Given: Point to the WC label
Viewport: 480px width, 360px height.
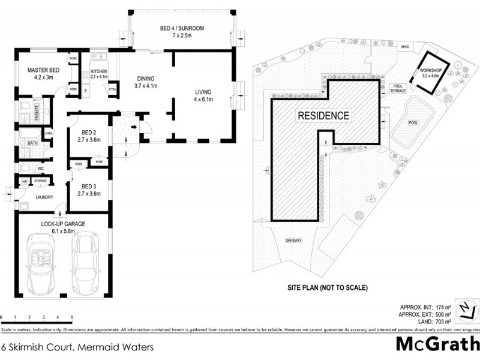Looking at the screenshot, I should [41, 169].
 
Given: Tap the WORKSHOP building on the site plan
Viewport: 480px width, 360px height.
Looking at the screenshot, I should [431, 73].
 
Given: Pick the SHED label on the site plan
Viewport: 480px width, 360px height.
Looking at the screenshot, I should [406, 46].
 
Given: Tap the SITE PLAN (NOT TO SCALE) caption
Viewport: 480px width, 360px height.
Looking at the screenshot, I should [326, 287].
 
